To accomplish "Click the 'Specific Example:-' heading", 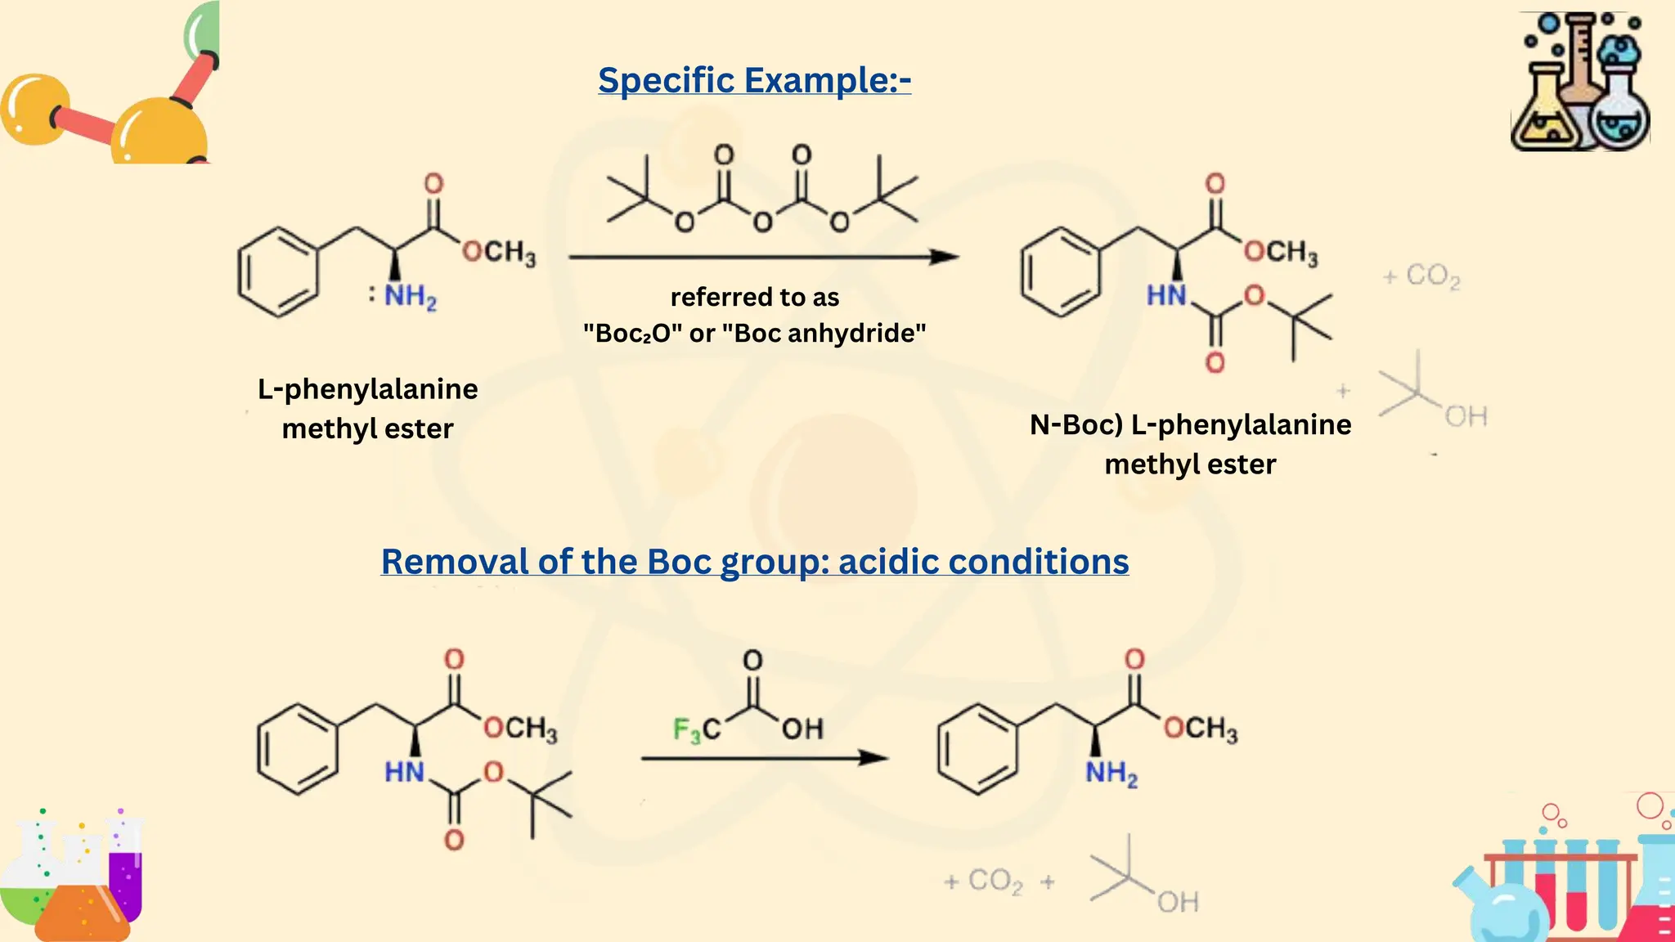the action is coord(754,81).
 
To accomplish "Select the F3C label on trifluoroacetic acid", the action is coord(697,729).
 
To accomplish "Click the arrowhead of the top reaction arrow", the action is coord(944,257).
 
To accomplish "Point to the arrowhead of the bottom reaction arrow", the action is coord(873,758).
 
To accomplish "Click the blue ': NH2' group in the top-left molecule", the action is coord(402,296).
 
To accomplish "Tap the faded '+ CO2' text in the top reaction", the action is coord(1421,276).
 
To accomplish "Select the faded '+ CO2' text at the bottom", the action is coord(983,881).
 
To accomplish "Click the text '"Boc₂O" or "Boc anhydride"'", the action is coord(754,334).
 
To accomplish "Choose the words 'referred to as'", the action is coord(755,297).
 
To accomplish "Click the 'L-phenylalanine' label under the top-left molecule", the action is coord(368,389).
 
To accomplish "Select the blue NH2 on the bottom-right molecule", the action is coord(1111,773).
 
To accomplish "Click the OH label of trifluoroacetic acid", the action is coord(802,729).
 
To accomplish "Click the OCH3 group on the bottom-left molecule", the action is coord(521,729).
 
